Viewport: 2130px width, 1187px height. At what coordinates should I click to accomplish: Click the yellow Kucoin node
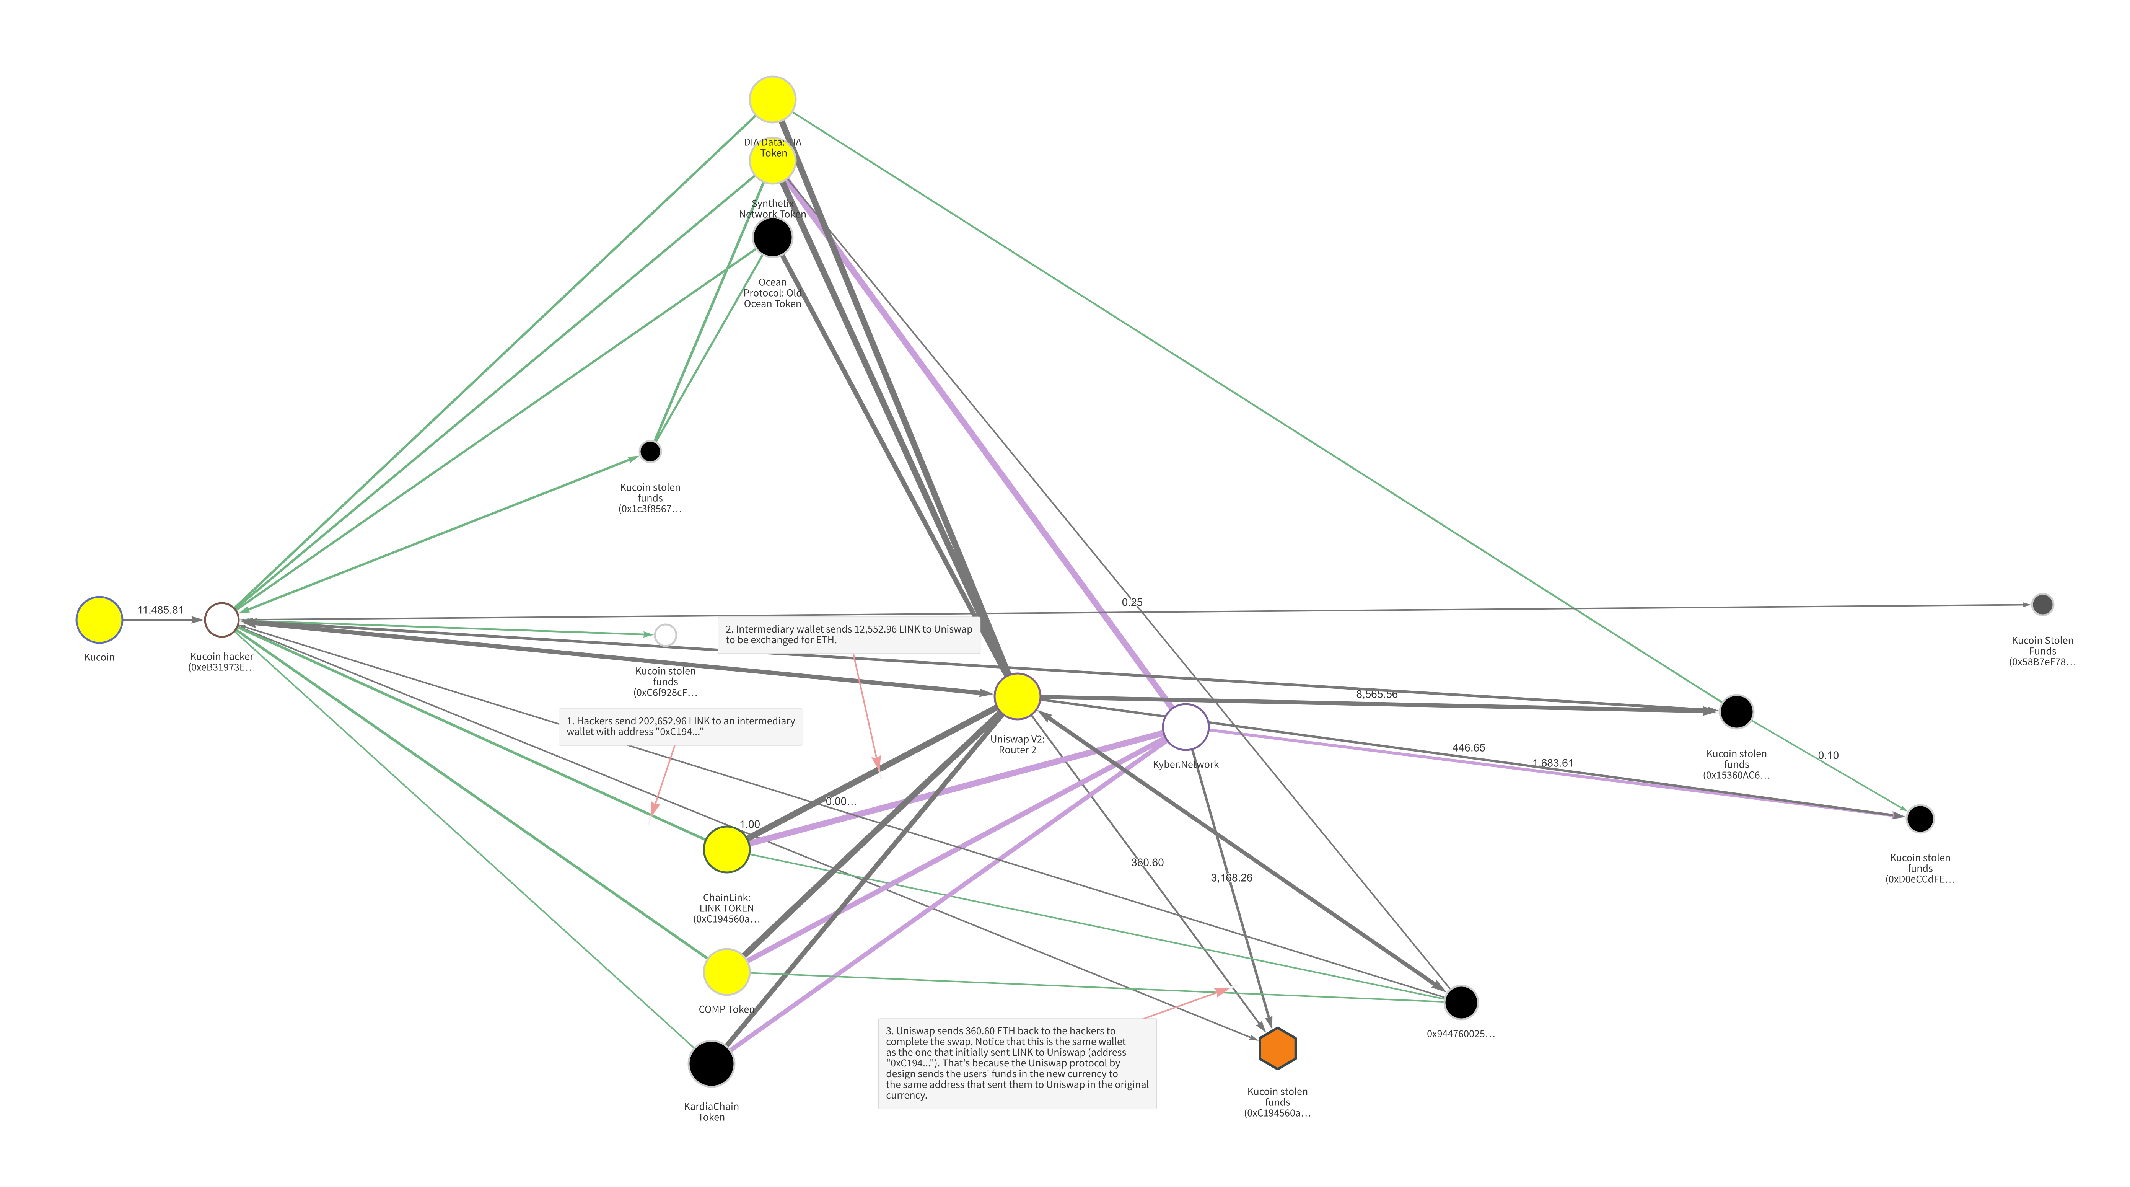tap(99, 620)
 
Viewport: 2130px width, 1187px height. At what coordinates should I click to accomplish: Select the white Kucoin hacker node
tap(221, 620)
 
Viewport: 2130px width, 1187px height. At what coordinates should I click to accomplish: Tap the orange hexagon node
tap(1278, 1048)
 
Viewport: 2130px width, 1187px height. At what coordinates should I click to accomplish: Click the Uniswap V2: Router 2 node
tap(1017, 696)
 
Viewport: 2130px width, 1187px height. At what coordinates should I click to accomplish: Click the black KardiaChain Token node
tap(711, 1064)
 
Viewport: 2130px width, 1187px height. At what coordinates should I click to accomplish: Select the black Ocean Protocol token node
tap(772, 237)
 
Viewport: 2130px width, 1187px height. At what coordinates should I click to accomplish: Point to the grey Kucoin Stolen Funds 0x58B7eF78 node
tap(2042, 605)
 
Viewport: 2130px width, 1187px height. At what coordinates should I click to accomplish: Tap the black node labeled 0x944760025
tap(1461, 1003)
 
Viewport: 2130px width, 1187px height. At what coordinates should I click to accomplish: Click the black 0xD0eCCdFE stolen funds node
tap(1920, 819)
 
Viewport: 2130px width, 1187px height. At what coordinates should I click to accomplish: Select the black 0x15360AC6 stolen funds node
tap(1736, 711)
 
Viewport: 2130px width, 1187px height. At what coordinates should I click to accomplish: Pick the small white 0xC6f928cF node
tap(666, 635)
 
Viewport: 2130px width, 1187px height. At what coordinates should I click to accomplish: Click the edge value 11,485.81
tap(160, 610)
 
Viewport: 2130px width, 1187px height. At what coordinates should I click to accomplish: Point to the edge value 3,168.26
tap(1231, 878)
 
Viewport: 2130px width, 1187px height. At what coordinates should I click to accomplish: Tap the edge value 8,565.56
tap(1377, 694)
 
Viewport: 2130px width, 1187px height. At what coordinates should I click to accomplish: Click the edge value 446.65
tap(1469, 748)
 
